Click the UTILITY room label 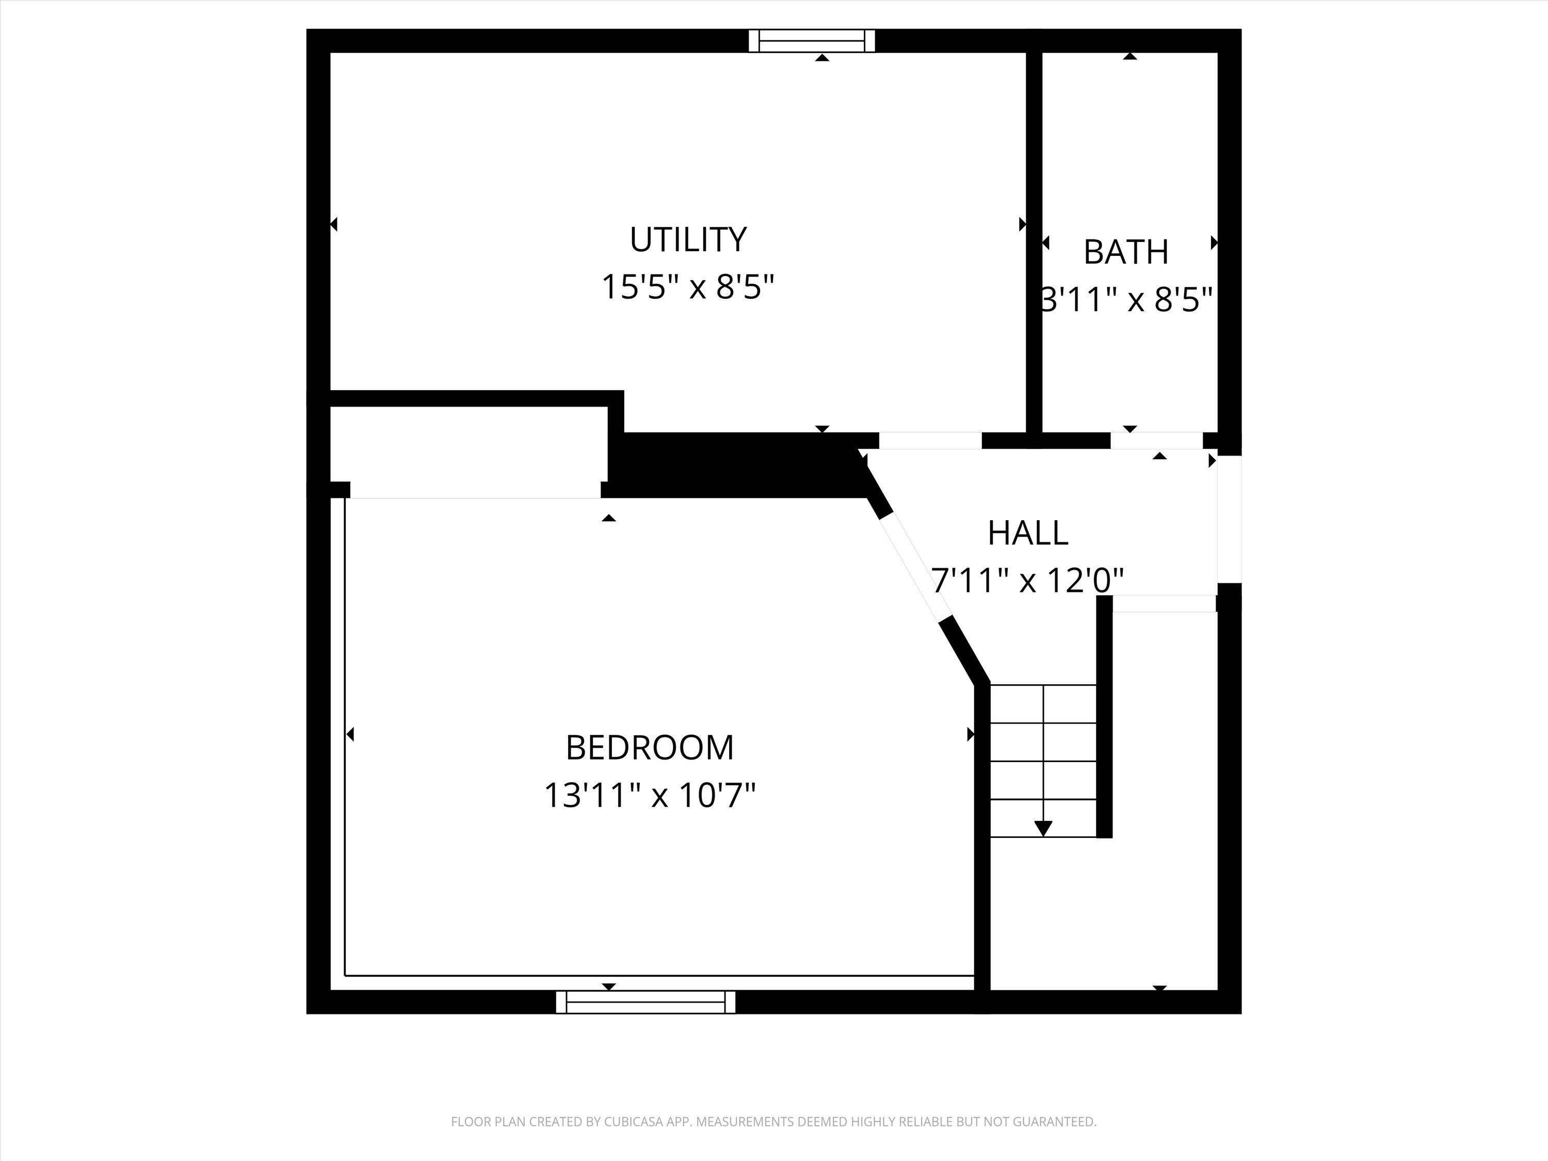coord(688,239)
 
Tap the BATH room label coord(1125,252)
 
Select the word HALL coord(1027,533)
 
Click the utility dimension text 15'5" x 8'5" coord(688,287)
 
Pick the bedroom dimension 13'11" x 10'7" coord(650,796)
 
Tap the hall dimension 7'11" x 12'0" coord(1027,580)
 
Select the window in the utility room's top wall coord(812,41)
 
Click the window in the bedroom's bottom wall coord(645,1002)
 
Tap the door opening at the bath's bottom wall coord(1156,441)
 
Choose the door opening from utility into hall coord(930,441)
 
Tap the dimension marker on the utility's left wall coord(334,224)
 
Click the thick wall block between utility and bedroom coord(735,465)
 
